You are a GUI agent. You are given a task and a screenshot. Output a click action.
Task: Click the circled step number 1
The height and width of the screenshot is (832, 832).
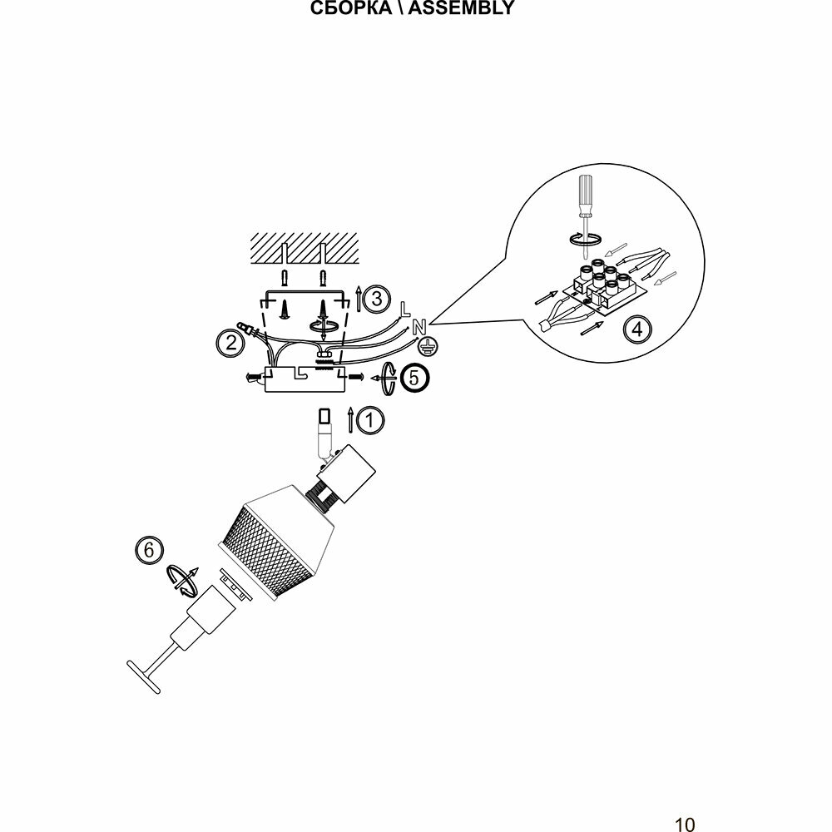click(x=371, y=420)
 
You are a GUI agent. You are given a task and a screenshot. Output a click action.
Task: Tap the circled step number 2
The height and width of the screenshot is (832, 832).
click(x=228, y=341)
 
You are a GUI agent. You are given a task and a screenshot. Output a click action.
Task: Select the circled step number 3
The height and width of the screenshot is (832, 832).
click(x=377, y=298)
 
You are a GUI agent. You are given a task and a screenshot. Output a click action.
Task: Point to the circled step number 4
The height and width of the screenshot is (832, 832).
click(x=637, y=329)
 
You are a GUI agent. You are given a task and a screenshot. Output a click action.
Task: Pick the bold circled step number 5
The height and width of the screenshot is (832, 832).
click(x=415, y=378)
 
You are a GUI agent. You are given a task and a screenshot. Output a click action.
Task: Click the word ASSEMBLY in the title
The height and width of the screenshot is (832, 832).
click(x=462, y=9)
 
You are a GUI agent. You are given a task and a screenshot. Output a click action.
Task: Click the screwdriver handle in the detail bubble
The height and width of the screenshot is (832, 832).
click(x=585, y=189)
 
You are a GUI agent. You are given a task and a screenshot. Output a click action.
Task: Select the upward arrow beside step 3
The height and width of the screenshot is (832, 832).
click(x=358, y=297)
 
